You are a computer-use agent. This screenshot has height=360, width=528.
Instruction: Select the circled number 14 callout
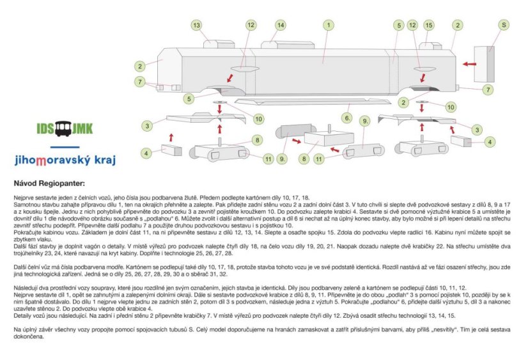(x=280, y=25)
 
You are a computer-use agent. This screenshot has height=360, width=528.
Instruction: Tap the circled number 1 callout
(x=328, y=25)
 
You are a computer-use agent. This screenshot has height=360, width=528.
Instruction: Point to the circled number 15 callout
(x=428, y=25)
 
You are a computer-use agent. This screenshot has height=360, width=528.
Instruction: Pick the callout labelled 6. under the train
(x=347, y=118)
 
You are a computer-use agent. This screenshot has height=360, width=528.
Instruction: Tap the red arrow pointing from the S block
(x=469, y=63)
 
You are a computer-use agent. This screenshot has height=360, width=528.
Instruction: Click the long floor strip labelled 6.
(x=313, y=101)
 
